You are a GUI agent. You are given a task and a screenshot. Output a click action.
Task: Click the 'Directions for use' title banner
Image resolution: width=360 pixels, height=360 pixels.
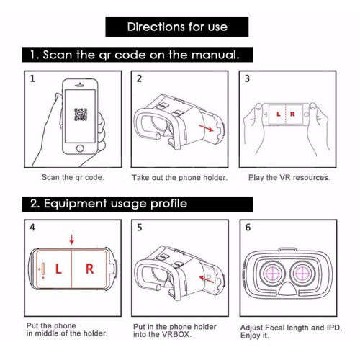pos(177,27)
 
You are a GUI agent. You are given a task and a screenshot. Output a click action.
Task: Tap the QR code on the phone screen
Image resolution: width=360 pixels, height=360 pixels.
pos(81,114)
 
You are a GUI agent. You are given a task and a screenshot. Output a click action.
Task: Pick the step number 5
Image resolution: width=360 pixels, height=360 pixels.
pos(140,228)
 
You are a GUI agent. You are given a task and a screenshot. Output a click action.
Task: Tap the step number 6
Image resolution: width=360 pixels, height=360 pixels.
pos(247,228)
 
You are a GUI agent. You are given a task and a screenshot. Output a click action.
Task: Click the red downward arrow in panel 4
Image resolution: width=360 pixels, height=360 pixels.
pos(71,239)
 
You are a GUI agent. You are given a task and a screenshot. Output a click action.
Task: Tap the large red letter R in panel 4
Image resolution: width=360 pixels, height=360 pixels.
pos(89,270)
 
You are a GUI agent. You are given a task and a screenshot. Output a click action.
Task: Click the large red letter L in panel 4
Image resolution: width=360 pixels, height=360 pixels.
pos(58,270)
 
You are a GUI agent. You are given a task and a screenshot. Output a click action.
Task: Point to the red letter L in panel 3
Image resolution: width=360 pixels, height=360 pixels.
pos(279,115)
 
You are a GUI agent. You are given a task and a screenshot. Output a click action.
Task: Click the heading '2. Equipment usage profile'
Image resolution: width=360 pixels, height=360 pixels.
pos(108,204)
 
